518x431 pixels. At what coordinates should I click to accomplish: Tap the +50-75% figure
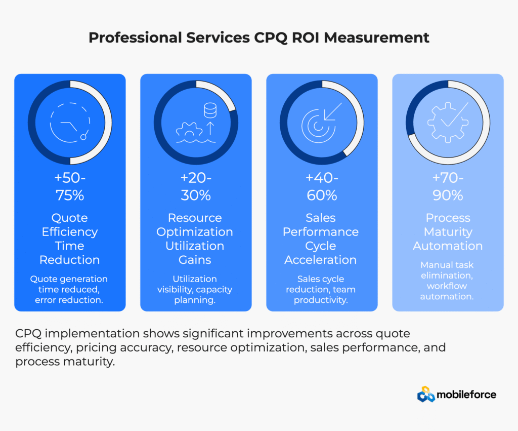click(x=70, y=187)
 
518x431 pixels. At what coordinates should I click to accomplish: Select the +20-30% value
click(x=195, y=187)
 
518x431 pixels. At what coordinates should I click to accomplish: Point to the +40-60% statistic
click(x=321, y=187)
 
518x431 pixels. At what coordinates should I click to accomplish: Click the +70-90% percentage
click(x=448, y=187)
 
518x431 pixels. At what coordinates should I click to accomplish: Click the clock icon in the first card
click(x=70, y=123)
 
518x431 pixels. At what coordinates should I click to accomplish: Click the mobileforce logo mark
click(x=426, y=394)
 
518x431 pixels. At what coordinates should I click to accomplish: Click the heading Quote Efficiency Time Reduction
click(x=70, y=239)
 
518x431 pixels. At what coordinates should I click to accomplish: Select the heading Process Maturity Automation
click(x=448, y=232)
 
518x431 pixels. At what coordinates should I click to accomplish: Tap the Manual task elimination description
click(x=448, y=280)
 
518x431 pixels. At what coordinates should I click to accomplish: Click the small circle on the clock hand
click(x=84, y=136)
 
